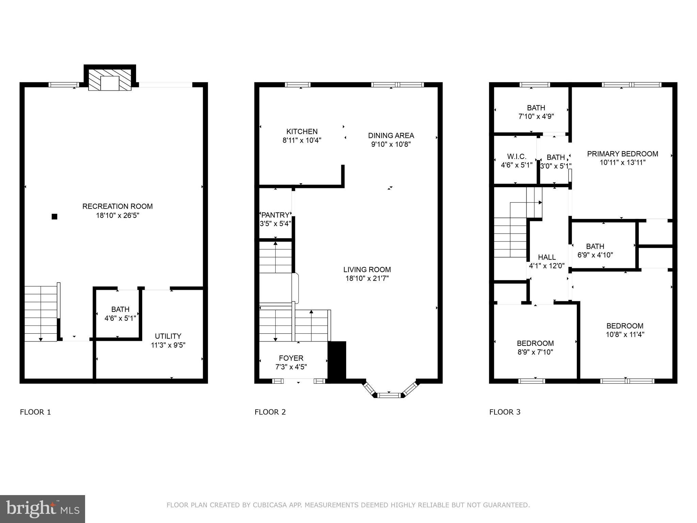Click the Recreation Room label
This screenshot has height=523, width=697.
click(x=117, y=206)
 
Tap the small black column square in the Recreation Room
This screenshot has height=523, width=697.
click(x=54, y=217)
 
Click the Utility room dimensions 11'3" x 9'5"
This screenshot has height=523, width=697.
click(x=168, y=345)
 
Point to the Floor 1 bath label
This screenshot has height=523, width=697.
click(x=120, y=310)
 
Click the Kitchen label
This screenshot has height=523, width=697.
click(x=302, y=132)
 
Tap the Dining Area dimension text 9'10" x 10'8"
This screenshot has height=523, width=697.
click(x=391, y=144)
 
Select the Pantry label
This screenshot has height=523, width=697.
click(x=275, y=215)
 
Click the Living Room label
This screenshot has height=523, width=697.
click(x=367, y=270)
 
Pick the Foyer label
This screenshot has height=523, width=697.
click(x=291, y=358)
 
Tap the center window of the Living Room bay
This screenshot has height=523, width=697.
click(x=389, y=395)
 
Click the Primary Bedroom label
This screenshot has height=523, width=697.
click(x=622, y=154)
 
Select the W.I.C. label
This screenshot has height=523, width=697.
click(x=517, y=157)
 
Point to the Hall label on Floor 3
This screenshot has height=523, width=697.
click(x=547, y=257)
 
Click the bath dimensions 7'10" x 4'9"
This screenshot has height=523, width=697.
click(x=536, y=116)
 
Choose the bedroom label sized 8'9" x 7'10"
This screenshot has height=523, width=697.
click(x=535, y=343)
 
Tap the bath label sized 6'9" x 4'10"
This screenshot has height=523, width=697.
click(x=595, y=247)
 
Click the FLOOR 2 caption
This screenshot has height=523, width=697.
click(x=270, y=412)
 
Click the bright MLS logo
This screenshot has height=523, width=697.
click(x=43, y=509)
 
